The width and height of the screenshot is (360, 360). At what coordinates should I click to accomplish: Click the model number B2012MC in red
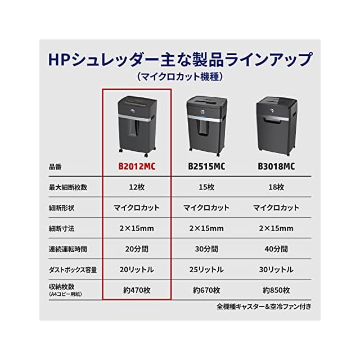[137, 166]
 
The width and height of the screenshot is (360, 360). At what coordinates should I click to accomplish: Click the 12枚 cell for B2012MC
[137, 187]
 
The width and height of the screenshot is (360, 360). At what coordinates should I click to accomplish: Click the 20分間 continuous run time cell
[137, 249]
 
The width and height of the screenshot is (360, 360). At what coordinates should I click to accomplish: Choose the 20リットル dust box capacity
[137, 269]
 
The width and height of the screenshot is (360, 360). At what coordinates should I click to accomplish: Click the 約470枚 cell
[137, 290]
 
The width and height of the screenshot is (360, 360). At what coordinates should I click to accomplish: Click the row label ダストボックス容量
[73, 269]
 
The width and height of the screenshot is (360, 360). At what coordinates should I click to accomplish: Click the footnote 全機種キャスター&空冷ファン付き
[263, 307]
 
